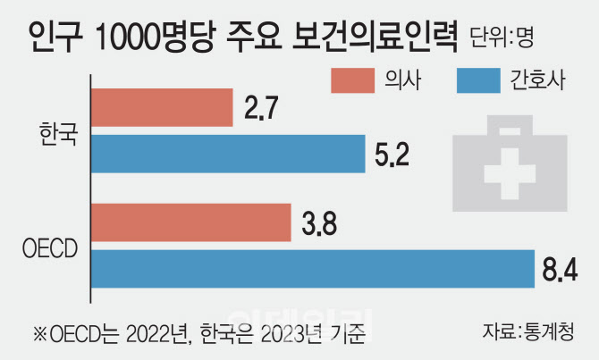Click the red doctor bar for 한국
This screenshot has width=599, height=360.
pos(160,107)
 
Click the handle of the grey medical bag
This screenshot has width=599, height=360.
pos(511,129)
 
